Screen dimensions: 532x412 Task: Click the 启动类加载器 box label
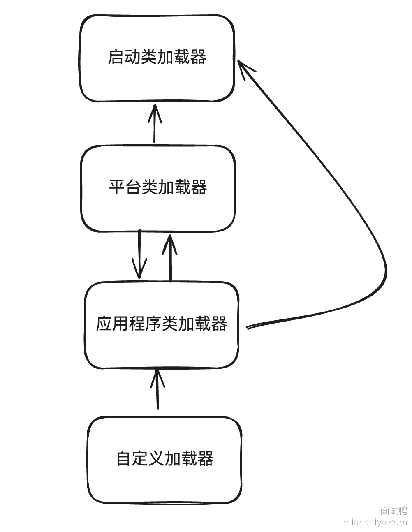click(157, 57)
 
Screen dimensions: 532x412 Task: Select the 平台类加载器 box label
click(158, 187)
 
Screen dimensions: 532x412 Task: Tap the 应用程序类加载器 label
click(161, 324)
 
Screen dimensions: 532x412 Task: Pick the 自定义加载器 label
click(164, 458)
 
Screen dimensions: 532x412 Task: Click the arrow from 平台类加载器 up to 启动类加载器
click(155, 123)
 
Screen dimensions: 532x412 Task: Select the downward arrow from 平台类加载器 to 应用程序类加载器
click(139, 255)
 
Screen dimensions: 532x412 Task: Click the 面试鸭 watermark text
click(393, 511)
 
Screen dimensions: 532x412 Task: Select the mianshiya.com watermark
click(375, 522)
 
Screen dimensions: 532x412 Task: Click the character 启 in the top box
click(116, 57)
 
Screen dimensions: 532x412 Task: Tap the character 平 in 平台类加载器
click(117, 187)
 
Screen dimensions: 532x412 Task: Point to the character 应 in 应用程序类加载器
click(104, 324)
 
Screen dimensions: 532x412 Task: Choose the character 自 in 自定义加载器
click(124, 458)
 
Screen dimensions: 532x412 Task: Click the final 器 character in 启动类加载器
click(198, 57)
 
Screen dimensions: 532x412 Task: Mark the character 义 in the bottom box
click(156, 458)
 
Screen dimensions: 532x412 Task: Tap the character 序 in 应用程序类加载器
click(153, 324)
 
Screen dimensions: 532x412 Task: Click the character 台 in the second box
click(134, 187)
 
